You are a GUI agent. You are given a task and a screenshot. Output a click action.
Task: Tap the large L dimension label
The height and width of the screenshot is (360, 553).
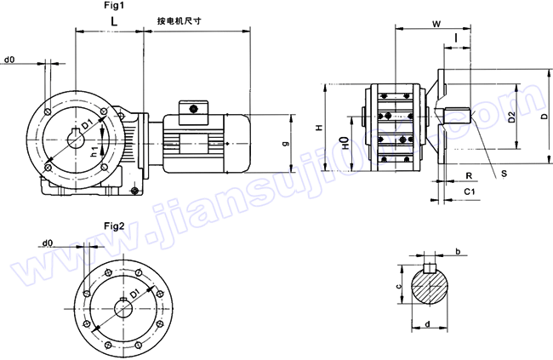click(113, 20)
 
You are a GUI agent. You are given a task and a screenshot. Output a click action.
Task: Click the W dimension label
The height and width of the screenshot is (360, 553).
click(436, 24)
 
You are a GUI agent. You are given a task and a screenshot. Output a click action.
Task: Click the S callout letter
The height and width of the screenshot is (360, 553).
click(505, 173)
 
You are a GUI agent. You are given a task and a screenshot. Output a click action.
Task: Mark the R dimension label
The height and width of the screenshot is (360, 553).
click(469, 174)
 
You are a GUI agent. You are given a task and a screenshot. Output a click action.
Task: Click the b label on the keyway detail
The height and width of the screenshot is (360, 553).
click(459, 252)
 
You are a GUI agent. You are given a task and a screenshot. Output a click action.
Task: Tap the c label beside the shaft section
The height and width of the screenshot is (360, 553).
click(399, 287)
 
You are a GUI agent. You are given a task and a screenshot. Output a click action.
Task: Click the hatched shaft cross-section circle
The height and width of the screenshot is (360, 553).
click(431, 289)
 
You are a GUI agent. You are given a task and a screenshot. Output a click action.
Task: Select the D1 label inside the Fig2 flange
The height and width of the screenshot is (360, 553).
click(130, 298)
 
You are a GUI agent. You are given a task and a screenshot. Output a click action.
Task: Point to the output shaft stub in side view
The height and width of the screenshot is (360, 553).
click(457, 113)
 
